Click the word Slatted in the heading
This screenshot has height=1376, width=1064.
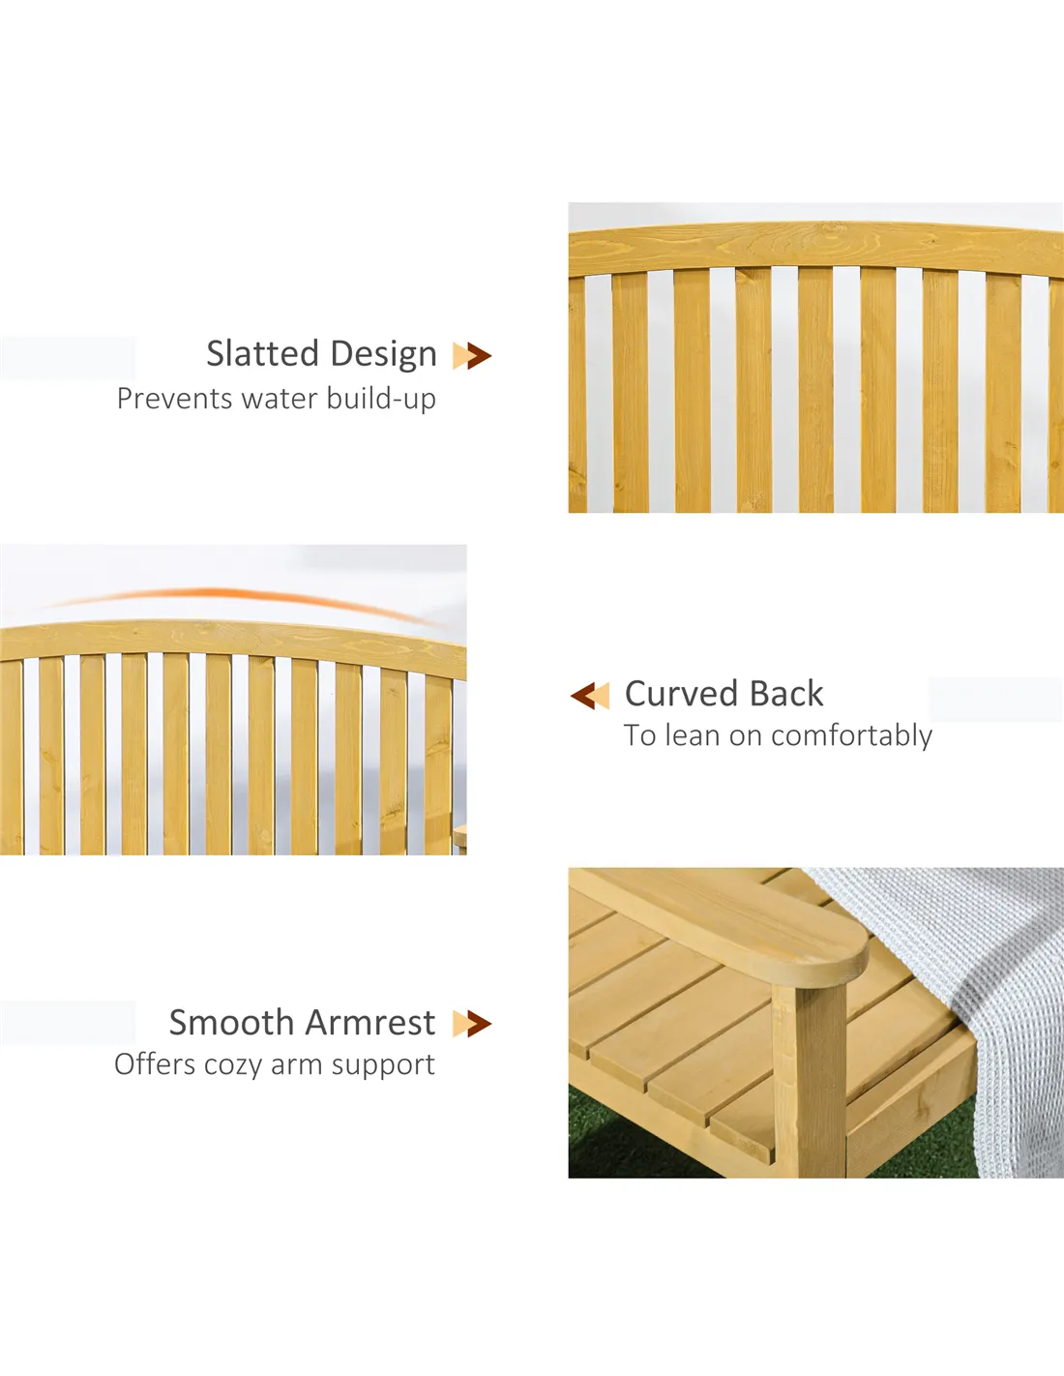tap(262, 353)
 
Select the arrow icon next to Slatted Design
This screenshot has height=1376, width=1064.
tap(472, 355)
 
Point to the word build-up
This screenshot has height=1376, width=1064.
tap(381, 400)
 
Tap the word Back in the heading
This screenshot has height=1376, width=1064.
tap(786, 694)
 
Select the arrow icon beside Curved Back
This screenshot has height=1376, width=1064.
tap(590, 696)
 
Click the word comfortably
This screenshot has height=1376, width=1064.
tap(851, 736)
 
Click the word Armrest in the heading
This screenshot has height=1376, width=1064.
tap(371, 1023)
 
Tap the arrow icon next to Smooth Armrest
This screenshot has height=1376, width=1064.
tap(472, 1024)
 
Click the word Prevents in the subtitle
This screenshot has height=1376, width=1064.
tap(175, 399)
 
